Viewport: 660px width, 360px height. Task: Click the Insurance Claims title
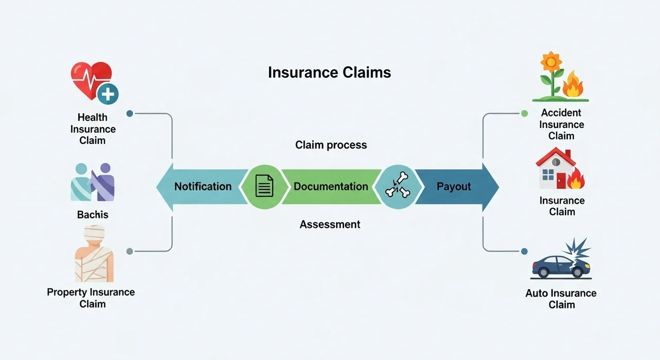point(329,72)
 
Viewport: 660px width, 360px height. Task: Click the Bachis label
point(93,215)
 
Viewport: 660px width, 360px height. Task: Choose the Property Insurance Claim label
point(91,298)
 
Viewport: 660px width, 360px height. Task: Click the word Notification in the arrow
point(203,186)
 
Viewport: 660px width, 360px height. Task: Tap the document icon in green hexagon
point(265,186)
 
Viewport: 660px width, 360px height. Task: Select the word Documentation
point(331,186)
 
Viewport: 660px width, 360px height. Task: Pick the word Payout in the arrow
point(454,186)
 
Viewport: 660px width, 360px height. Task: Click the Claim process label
point(331,145)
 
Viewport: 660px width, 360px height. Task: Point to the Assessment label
point(330,224)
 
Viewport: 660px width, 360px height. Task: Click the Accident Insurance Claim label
point(561,124)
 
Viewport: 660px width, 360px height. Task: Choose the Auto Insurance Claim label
point(561,299)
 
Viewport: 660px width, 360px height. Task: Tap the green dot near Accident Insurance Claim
point(524,113)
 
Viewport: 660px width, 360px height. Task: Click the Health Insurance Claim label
point(93,129)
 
